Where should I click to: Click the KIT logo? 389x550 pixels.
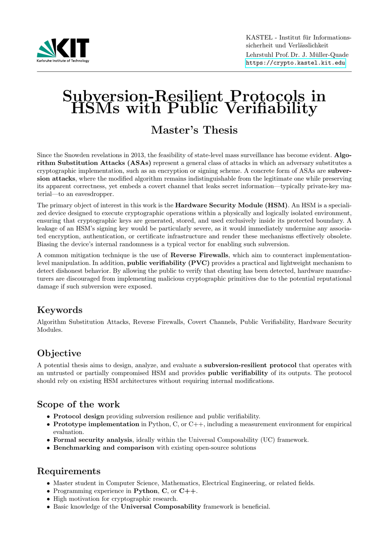[63, 50]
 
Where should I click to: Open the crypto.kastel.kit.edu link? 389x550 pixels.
[296, 63]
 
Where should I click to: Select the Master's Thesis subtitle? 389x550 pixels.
[194, 130]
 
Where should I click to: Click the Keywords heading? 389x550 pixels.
[60, 310]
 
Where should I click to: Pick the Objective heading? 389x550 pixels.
[59, 353]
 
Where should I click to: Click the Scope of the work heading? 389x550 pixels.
[78, 404]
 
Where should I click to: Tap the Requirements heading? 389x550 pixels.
[69, 471]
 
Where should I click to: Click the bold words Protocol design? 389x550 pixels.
[79, 416]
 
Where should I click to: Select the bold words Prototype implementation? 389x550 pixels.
[96, 424]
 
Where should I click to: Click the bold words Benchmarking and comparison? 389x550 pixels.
[104, 448]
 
